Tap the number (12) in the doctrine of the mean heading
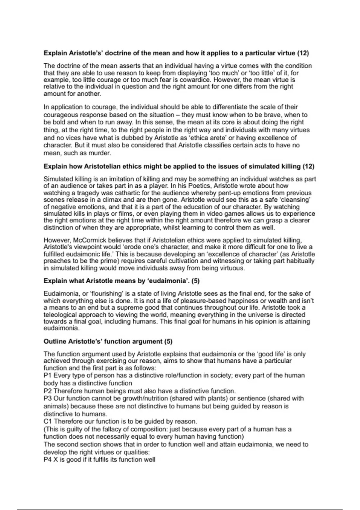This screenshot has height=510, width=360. (303, 53)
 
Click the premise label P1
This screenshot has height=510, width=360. (48, 376)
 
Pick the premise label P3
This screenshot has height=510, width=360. (48, 398)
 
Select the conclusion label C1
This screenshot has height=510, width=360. (48, 421)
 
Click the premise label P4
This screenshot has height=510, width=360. (48, 460)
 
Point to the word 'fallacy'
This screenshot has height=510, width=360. (98, 429)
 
